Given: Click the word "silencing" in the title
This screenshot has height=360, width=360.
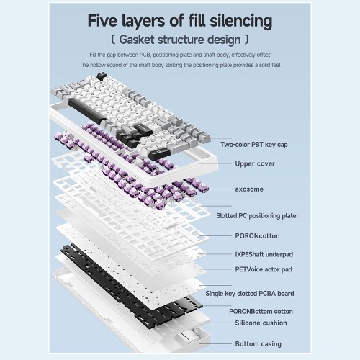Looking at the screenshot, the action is point(241,21).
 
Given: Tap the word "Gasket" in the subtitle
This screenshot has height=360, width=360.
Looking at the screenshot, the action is point(137,40).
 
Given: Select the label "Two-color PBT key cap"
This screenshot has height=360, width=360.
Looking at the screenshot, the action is point(254,145).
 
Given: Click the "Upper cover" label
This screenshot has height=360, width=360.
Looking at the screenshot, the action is point(255,163).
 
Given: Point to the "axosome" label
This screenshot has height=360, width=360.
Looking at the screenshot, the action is point(249,189).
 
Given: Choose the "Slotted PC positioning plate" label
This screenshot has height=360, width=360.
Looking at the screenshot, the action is point(256,216).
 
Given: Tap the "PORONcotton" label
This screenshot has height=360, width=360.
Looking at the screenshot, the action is point(257,236).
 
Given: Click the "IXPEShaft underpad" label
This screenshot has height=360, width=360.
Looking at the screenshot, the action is point(264,254).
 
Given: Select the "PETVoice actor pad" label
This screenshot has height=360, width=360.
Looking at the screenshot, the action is point(264,269).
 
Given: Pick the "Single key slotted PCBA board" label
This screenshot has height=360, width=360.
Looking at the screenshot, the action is point(250,294).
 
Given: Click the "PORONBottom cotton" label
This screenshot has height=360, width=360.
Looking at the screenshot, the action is point(261,312).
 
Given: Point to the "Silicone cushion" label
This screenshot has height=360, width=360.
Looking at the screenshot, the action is point(261,323).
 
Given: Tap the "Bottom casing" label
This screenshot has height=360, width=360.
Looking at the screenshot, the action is point(258,344).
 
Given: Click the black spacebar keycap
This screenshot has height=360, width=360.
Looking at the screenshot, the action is point(87,111).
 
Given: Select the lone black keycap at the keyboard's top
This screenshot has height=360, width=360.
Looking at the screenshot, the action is point(102,77).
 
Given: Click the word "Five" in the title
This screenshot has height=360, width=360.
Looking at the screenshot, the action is point(102,21).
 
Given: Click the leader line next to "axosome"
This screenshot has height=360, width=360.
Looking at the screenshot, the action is point(219,189).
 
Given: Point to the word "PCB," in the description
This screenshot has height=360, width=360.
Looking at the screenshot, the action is point(145,55).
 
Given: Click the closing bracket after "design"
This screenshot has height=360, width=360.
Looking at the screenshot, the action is point(246,40).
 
